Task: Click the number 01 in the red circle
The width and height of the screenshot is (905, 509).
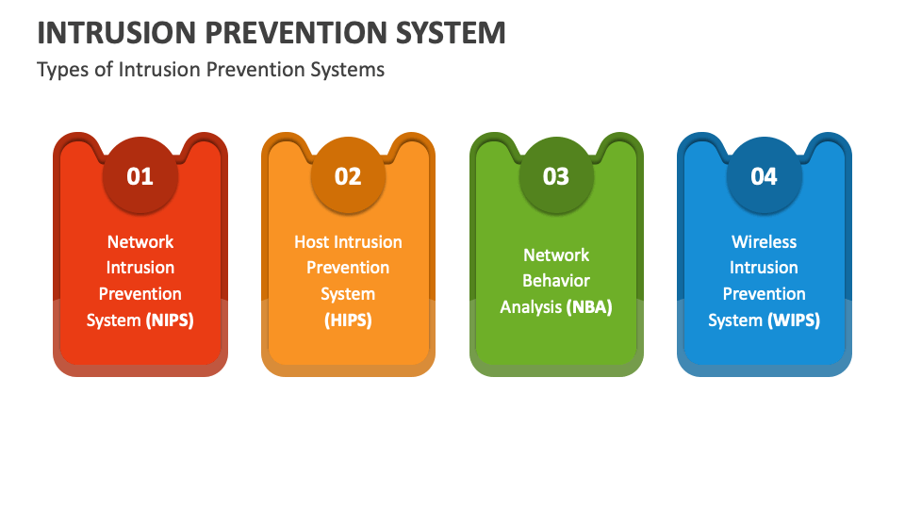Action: [140, 176]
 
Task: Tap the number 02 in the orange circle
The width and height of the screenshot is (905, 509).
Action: [348, 176]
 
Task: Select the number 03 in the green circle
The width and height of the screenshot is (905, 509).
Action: [556, 176]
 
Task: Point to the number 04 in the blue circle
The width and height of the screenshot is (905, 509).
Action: [764, 176]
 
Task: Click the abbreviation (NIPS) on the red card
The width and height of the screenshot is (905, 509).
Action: [170, 320]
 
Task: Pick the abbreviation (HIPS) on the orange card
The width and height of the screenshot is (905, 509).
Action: [348, 320]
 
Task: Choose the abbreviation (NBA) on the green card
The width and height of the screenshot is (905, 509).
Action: [589, 307]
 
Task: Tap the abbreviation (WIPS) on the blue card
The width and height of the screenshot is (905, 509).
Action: [794, 320]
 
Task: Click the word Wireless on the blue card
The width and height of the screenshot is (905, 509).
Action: [765, 242]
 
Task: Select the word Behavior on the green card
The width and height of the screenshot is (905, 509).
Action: [556, 281]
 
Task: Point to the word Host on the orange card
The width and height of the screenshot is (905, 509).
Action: [312, 242]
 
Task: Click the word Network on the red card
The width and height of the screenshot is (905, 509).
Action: [140, 242]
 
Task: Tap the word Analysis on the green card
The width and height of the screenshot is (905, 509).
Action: [531, 307]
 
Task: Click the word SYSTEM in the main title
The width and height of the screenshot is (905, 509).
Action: [451, 33]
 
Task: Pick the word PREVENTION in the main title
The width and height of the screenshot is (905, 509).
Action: [295, 33]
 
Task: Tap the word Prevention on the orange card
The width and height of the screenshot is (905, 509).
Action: [348, 268]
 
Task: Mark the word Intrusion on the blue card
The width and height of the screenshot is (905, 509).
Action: [765, 268]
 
